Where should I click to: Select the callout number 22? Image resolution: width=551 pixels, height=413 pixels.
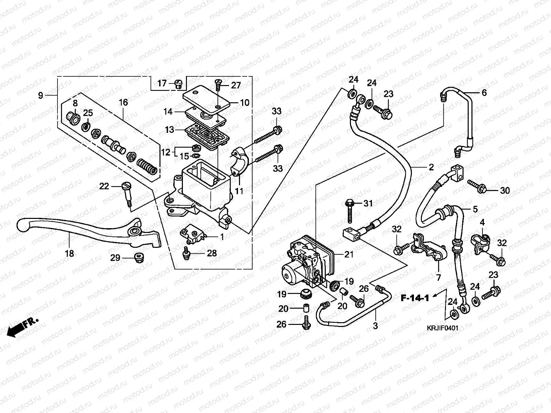click(104, 187)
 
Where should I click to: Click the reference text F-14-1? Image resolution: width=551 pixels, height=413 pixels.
click(415, 298)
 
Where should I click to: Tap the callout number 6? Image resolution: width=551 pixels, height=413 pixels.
click(484, 93)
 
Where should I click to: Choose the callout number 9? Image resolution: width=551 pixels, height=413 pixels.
click(41, 95)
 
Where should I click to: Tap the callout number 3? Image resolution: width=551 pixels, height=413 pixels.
click(375, 325)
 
